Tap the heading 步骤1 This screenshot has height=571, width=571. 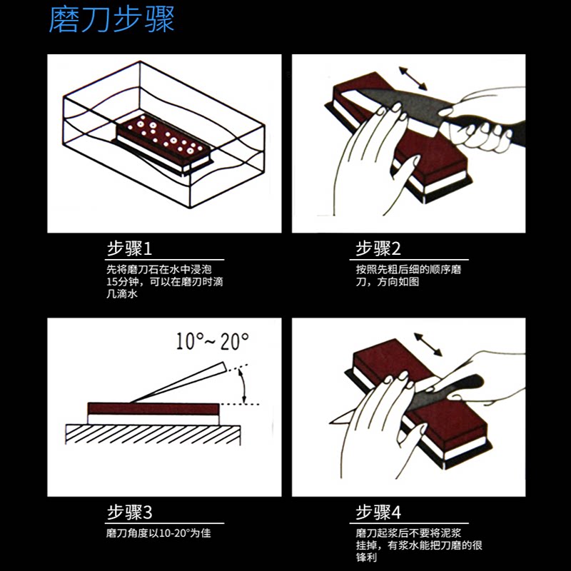pyautogui.click(x=129, y=249)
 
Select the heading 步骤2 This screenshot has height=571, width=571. pyautogui.click(x=378, y=249)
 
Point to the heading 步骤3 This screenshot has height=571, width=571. pyautogui.click(x=129, y=512)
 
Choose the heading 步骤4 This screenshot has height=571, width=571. pyautogui.click(x=378, y=512)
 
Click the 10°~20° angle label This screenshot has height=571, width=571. pyautogui.click(x=213, y=340)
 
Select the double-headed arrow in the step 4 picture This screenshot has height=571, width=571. pyautogui.click(x=428, y=343)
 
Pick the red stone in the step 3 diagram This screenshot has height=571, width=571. pyautogui.click(x=153, y=408)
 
